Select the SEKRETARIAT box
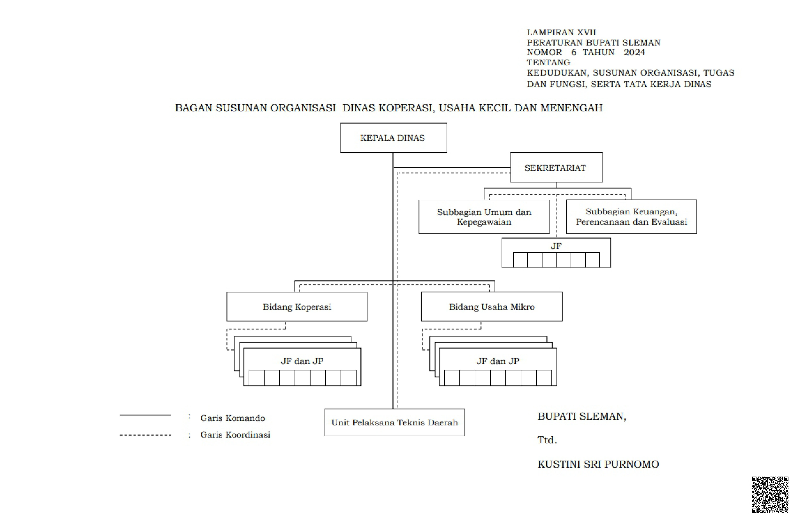point(556,167)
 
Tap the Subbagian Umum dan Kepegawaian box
point(484,216)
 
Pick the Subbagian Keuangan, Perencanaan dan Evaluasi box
point(631,216)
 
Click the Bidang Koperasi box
point(297,307)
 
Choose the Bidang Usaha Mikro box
point(492,307)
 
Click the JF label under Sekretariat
point(556,246)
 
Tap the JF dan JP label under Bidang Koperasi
point(302,361)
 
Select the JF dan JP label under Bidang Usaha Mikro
point(498,361)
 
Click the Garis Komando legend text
point(233,418)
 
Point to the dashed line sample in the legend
point(145,435)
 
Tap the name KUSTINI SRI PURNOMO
point(598,464)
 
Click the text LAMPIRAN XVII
point(561,33)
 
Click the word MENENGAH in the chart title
point(571,108)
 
